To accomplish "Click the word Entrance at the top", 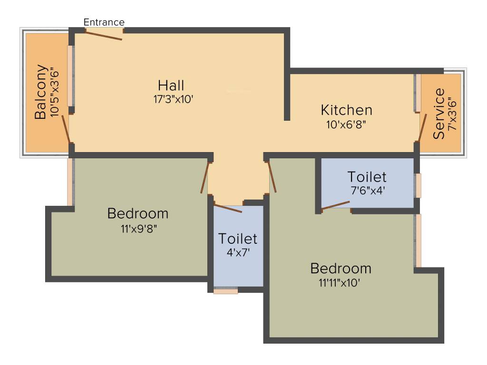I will click(x=104, y=22).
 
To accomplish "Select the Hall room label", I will click(x=171, y=86).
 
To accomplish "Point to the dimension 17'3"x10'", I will click(x=171, y=99).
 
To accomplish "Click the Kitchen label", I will click(x=346, y=110).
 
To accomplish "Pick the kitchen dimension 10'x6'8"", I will click(x=346, y=125).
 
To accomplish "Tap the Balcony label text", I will click(x=41, y=92).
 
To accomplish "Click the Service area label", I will click(x=439, y=114).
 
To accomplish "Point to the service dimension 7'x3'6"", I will click(x=452, y=114).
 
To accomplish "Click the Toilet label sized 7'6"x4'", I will click(x=367, y=177).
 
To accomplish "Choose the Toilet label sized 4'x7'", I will click(x=237, y=238).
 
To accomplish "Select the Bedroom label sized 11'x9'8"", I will click(x=138, y=213).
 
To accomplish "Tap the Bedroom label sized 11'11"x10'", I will click(x=341, y=268).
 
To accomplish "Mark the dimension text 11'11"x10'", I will click(x=341, y=283).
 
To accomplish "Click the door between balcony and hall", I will click(x=66, y=128).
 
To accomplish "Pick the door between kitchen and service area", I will click(x=419, y=127).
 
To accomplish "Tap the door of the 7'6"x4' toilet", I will click(x=336, y=205).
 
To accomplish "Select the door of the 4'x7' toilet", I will click(x=228, y=208).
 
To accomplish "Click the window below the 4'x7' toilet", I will click(x=225, y=290).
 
